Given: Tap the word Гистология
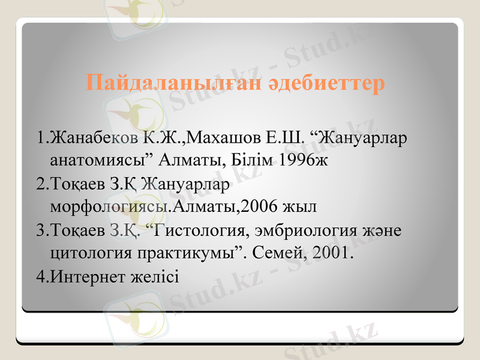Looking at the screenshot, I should click(x=211, y=230).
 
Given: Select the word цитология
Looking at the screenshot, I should click(x=85, y=253).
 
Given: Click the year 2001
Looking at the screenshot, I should click(x=332, y=253).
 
